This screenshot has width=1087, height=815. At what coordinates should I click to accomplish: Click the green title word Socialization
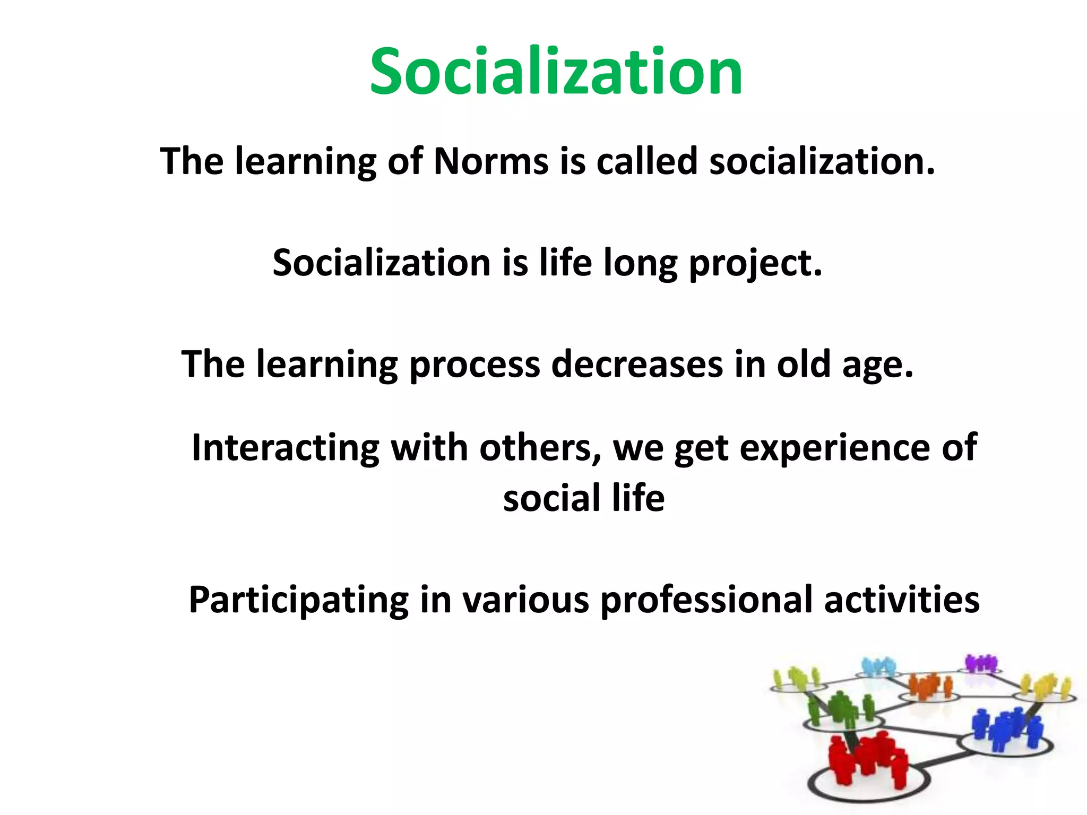[x=556, y=72]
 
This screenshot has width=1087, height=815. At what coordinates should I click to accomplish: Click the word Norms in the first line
[x=491, y=161]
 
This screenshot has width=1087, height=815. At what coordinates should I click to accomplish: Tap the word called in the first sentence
[x=646, y=161]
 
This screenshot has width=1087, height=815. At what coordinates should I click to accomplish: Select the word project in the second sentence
[x=755, y=263]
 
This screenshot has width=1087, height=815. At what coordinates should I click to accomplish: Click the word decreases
[x=637, y=365]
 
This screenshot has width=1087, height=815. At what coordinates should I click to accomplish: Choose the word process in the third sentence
[x=475, y=366]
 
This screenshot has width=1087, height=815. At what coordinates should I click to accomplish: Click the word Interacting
[x=285, y=447]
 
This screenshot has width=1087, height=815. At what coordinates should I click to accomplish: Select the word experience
[x=834, y=448]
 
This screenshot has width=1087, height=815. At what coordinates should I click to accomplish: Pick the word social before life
[x=551, y=498]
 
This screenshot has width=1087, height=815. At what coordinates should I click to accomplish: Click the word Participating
[x=298, y=600]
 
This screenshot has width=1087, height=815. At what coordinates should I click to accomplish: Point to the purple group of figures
[x=980, y=663]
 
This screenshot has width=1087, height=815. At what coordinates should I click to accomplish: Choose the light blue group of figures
[x=878, y=666]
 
